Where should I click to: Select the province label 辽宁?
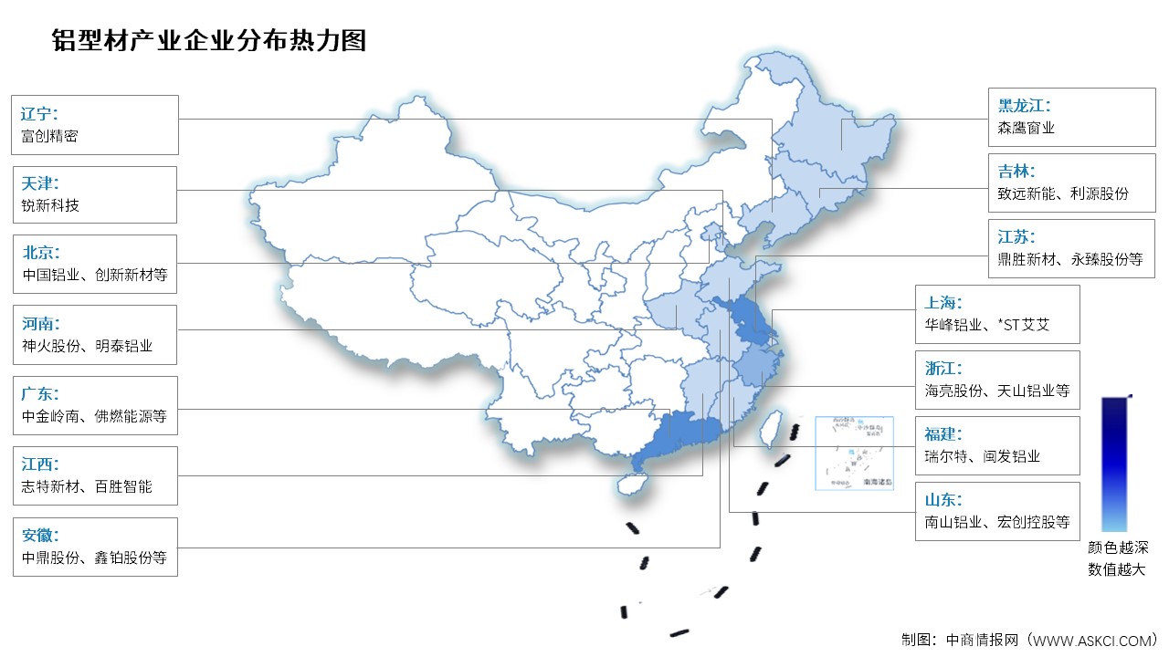click(39, 114)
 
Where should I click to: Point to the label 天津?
click(39, 184)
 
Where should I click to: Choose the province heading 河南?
click(39, 323)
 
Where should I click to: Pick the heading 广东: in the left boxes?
click(39, 394)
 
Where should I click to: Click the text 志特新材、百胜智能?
click(87, 486)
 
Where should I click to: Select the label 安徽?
click(39, 536)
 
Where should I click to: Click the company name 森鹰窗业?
click(1027, 129)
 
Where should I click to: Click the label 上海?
click(943, 302)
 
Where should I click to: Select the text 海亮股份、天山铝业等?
click(996, 391)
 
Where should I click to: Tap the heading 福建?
click(943, 433)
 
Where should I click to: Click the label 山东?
click(943, 499)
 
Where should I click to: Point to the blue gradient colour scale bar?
click(1113, 464)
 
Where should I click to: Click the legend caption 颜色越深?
click(1117, 548)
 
